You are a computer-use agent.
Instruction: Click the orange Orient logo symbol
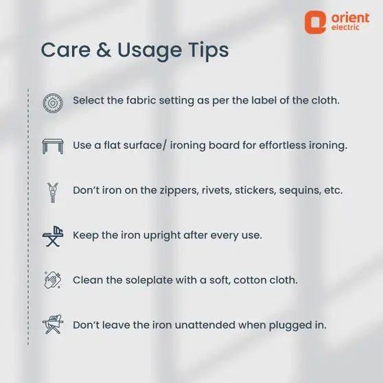[x=315, y=22]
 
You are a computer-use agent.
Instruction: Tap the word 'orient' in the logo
[x=351, y=18]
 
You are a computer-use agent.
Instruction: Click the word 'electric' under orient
[x=345, y=27]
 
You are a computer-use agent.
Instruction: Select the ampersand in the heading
[x=104, y=50]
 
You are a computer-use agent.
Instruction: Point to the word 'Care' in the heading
[x=66, y=50]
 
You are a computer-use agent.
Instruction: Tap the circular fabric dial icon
[x=53, y=103]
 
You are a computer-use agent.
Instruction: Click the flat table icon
[x=53, y=146]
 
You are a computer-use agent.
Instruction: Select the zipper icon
[x=53, y=192]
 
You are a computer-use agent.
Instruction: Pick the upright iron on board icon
[x=53, y=236]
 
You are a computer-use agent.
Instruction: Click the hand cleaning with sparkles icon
[x=53, y=280]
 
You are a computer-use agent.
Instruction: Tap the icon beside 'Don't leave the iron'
[x=53, y=324]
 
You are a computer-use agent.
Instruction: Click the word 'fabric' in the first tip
[x=141, y=100]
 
